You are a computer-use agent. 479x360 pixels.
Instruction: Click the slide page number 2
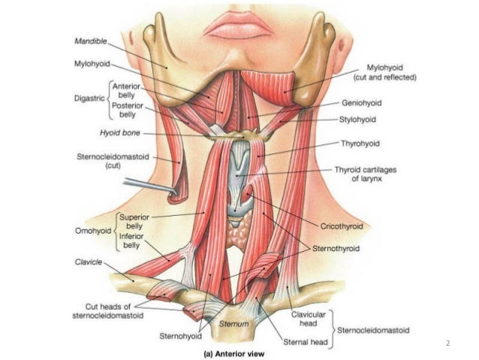coord(447,343)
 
